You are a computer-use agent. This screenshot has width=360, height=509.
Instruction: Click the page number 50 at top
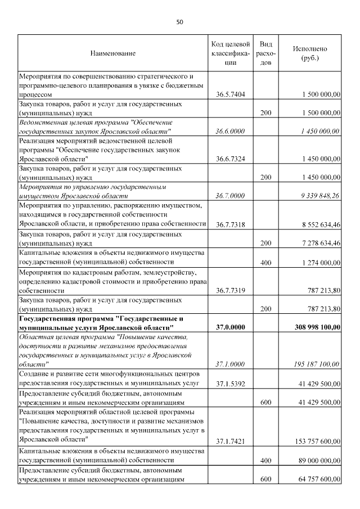pyautogui.click(x=180, y=22)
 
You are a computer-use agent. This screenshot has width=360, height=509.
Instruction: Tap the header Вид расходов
pyautogui.click(x=266, y=53)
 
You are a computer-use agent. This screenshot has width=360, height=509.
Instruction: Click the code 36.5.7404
pyautogui.click(x=230, y=95)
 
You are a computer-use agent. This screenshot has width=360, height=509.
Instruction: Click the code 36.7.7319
pyautogui.click(x=230, y=291)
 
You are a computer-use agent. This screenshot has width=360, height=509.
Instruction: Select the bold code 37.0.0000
pyautogui.click(x=230, y=327)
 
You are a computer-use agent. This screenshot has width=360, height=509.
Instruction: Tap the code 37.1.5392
pyautogui.click(x=230, y=384)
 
